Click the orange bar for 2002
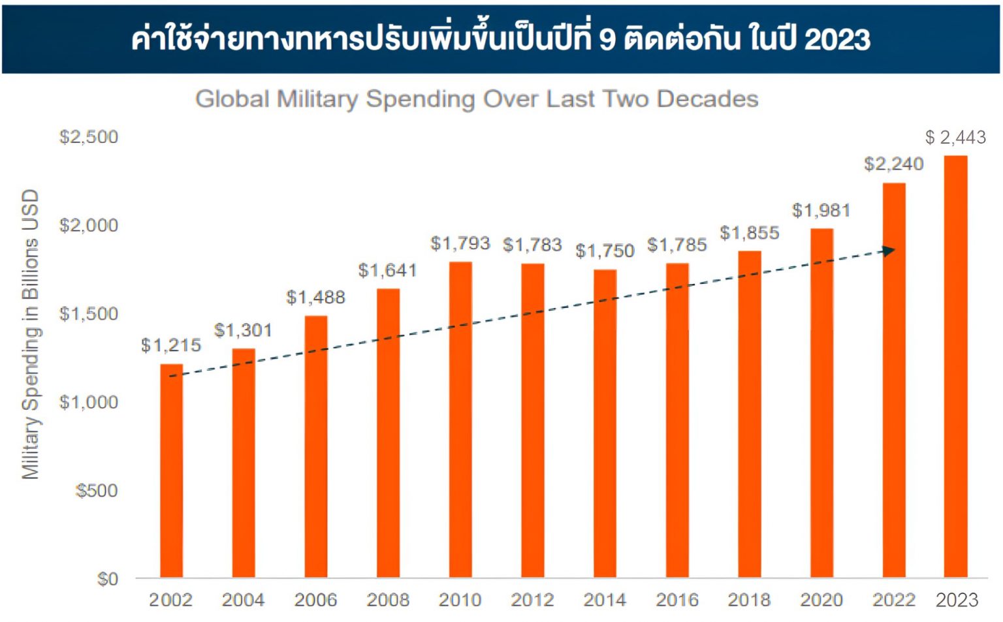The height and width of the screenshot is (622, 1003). coord(171,470)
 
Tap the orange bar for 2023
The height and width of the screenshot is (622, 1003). coord(955,365)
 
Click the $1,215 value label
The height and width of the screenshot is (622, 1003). coord(171,345)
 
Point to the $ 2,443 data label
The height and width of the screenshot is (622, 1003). coord(955,137)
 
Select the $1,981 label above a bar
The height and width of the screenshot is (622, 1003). coord(821,210)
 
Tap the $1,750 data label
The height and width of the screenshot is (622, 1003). coord(605,251)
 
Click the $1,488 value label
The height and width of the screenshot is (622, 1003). coord(315,298)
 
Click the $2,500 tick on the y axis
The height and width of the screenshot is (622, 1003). coord(89,137)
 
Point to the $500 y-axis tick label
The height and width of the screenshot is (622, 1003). coord(97,490)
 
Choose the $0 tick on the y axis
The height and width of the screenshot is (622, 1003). coord(108,579)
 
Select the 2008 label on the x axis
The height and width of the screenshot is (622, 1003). coord(388,600)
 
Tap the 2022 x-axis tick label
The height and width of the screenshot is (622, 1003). coord(894,600)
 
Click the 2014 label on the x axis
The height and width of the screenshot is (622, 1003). coord(605,600)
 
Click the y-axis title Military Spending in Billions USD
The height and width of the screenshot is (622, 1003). coord(31,334)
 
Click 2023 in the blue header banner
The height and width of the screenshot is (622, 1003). coord(837,39)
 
